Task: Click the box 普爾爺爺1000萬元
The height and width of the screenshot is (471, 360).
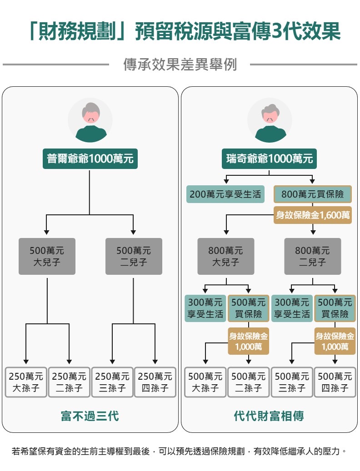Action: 90,159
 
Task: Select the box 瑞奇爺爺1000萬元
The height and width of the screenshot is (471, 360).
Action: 270,159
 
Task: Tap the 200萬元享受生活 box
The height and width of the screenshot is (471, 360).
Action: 225,194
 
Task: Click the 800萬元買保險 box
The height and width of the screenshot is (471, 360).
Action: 313,194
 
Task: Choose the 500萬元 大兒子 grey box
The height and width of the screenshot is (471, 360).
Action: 47,256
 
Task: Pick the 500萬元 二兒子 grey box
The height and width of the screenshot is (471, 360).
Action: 134,256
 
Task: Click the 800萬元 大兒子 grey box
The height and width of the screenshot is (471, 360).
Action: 225,256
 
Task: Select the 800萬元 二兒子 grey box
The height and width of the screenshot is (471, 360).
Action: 313,256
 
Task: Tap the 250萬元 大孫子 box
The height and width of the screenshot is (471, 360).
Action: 26,382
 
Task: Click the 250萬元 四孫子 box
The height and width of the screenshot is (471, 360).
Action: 155,382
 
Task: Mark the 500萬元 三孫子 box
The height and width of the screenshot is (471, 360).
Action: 292,382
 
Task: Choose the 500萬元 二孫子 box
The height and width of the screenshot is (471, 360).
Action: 249,382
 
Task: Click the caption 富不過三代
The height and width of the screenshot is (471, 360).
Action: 90,416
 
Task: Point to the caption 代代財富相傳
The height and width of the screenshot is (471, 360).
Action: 269,416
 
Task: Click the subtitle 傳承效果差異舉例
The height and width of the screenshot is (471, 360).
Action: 180,64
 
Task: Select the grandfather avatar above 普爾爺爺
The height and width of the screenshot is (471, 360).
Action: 90,120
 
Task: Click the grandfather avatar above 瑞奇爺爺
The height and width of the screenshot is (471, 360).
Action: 270,120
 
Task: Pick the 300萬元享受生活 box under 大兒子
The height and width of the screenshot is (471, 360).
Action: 205,308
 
